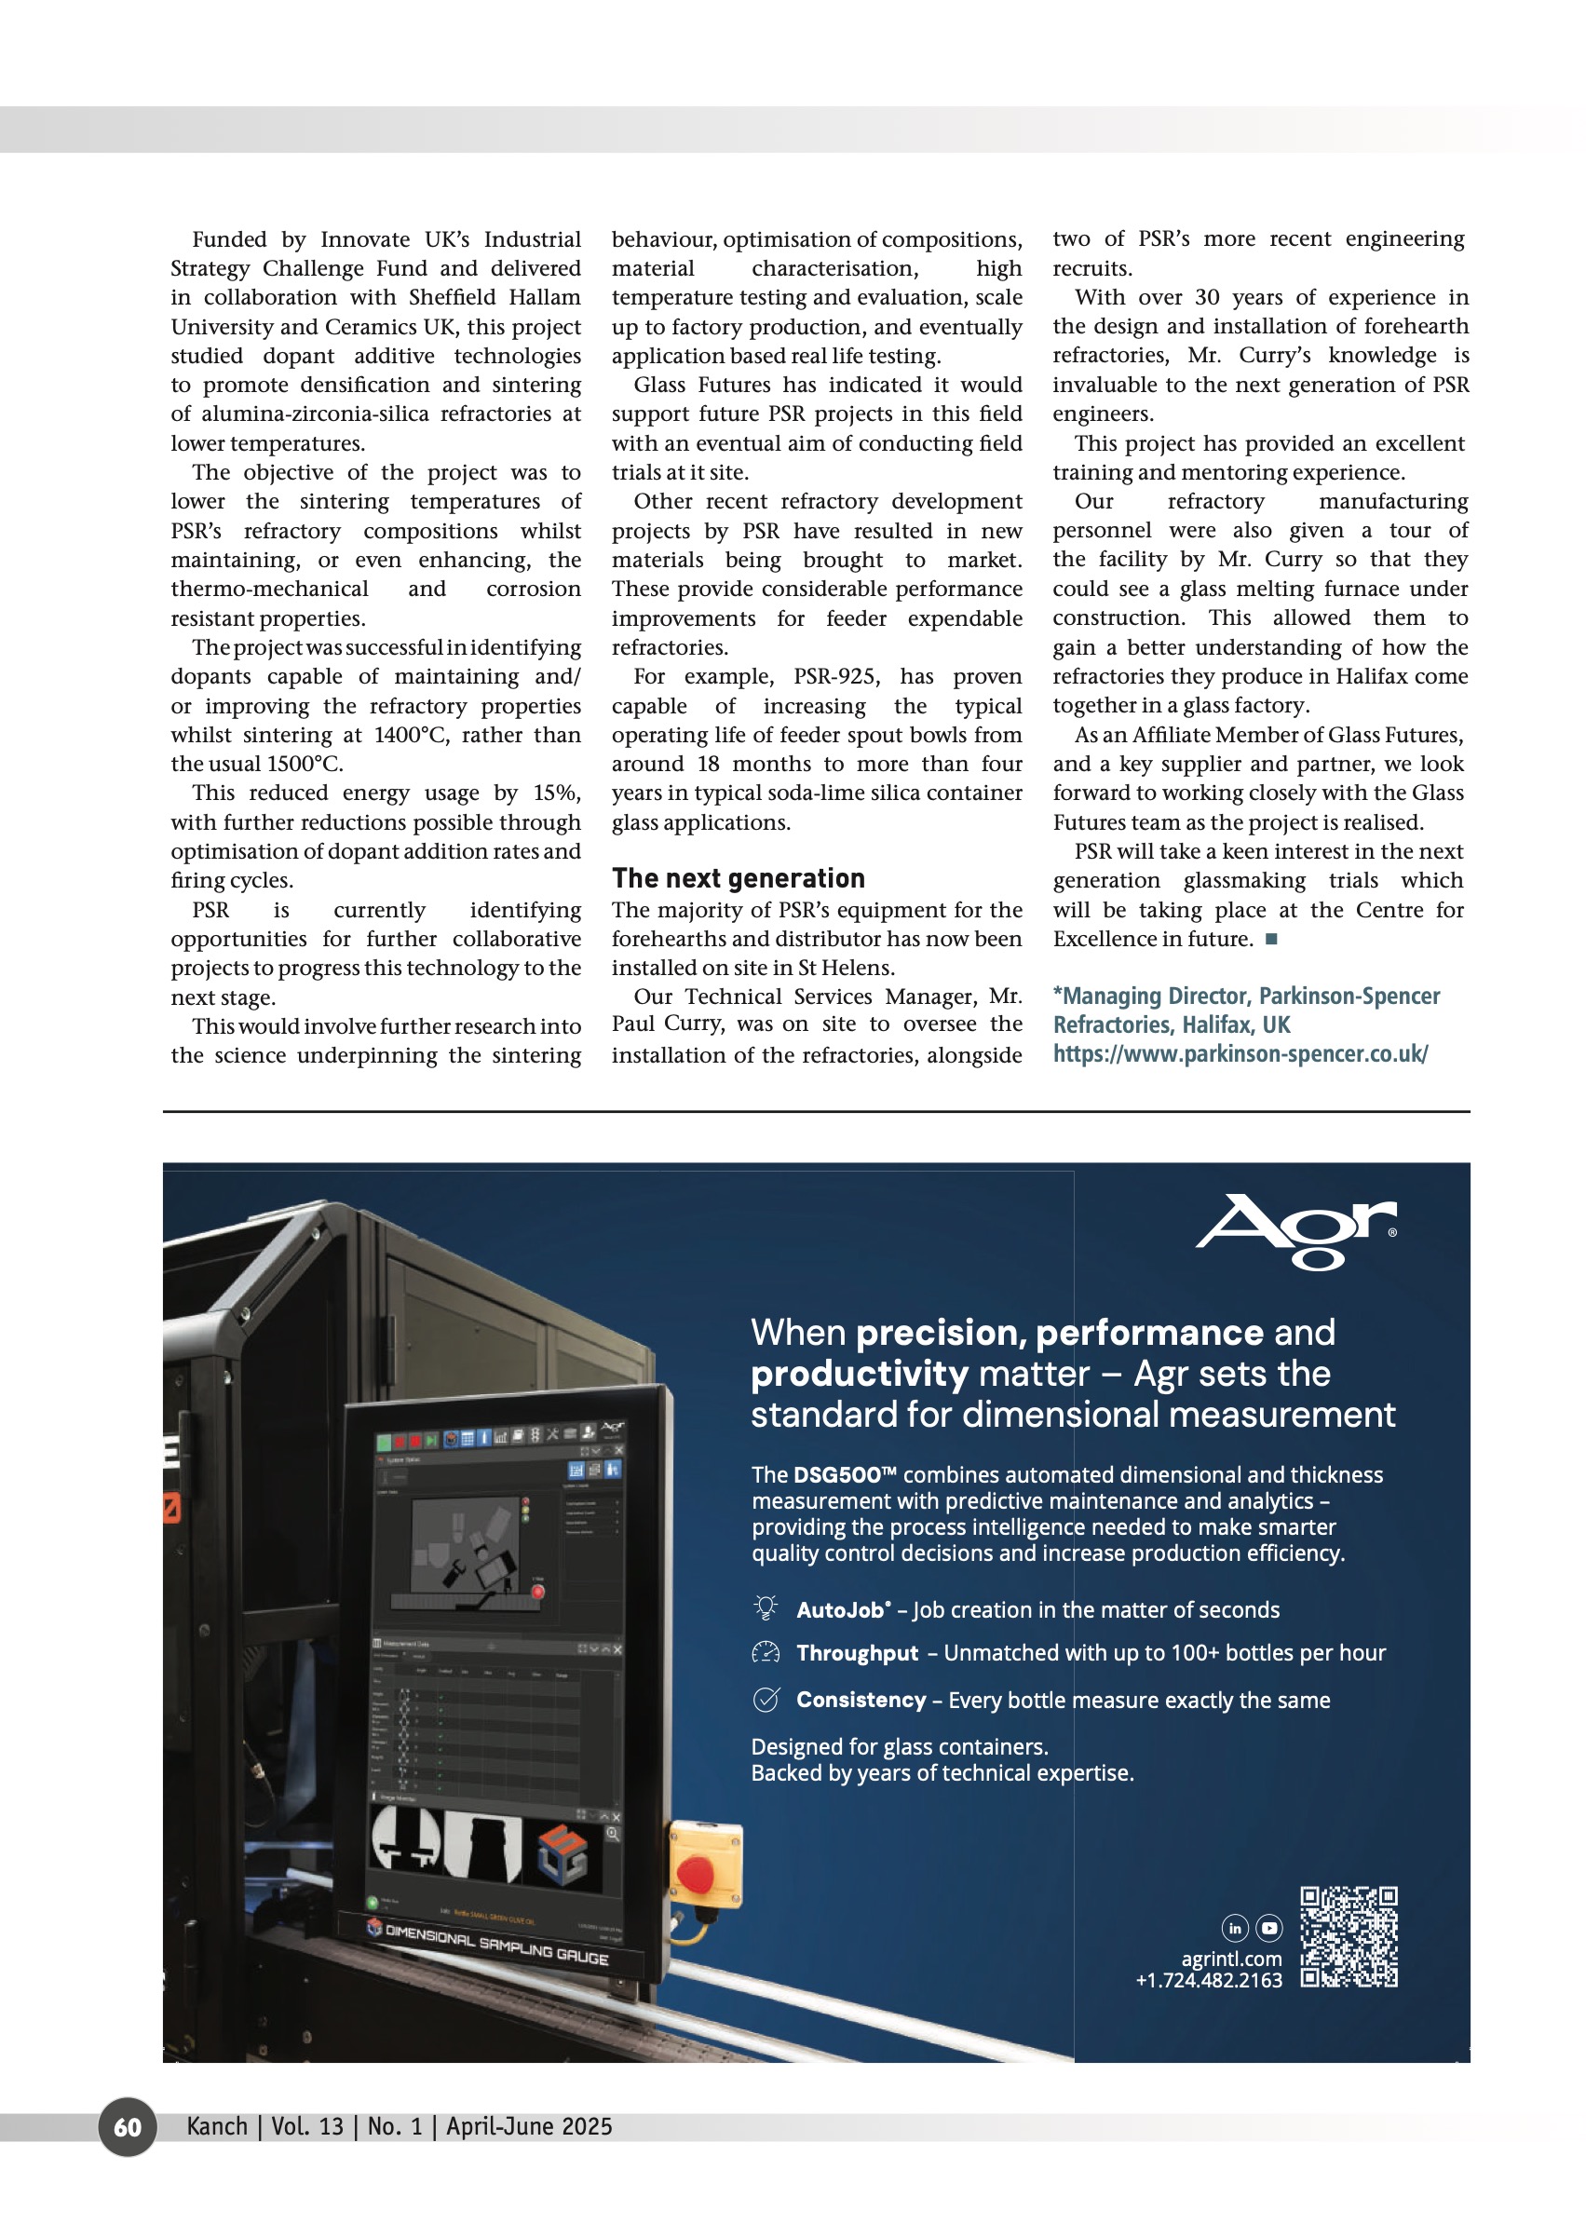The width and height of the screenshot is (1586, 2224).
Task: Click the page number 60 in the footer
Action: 127,2126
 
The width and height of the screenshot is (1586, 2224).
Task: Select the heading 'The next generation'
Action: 739,878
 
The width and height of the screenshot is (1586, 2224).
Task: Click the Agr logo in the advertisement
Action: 1296,1230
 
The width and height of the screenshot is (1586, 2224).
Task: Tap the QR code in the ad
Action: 1349,1938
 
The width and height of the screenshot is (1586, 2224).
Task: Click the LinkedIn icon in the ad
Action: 1234,1928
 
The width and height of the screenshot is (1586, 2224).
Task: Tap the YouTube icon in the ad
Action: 1268,1928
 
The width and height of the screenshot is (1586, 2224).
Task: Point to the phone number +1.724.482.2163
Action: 1208,1980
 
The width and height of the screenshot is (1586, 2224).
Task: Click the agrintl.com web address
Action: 1230,1959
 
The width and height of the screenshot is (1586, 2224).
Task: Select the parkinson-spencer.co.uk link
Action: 1240,1054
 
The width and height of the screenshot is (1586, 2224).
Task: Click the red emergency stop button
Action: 696,1872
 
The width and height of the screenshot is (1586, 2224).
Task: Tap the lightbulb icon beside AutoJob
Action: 766,1607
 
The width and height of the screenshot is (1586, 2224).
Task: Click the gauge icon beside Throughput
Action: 766,1651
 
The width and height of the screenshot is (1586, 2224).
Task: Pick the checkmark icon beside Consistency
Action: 766,1700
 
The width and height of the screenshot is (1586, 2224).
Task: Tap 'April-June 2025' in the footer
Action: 528,2126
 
